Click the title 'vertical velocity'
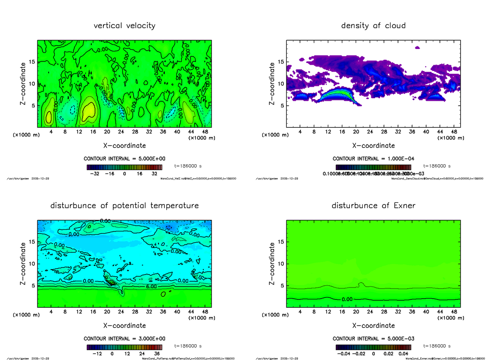[124, 26]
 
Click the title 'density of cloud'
[373, 26]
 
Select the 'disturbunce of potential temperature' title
[124, 206]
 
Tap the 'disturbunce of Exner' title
[373, 206]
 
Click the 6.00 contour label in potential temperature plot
[151, 287]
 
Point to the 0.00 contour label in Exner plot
[348, 299]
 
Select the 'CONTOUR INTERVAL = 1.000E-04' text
[373, 158]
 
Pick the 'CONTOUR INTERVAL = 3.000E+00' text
[124, 338]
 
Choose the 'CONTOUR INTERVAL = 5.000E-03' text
[373, 338]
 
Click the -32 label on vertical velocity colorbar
[95, 174]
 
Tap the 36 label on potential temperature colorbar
[157, 354]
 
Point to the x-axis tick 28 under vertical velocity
[135, 132]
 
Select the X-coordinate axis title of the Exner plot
[373, 326]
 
